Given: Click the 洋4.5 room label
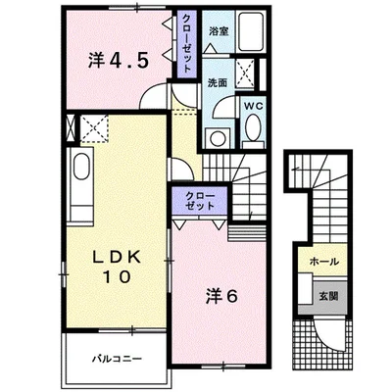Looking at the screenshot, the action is [x=119, y=60].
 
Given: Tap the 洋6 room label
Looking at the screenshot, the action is [x=221, y=296].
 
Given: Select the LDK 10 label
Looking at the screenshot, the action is [x=118, y=267].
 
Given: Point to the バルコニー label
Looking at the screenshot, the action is [x=117, y=359].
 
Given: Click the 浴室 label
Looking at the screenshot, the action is [x=219, y=32].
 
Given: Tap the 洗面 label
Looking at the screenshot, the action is [x=218, y=83].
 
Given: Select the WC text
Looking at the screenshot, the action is [x=254, y=106].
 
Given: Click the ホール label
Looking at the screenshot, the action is [x=323, y=262].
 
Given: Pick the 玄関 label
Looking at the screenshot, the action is [x=328, y=296].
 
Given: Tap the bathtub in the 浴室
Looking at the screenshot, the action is [x=252, y=31].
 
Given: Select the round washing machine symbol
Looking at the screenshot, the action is [x=217, y=138].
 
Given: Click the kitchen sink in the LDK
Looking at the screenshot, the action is [x=81, y=167].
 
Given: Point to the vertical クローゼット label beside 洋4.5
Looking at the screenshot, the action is [x=187, y=44].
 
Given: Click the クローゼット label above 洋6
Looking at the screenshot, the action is [x=200, y=201].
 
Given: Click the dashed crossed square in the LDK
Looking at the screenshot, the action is [x=94, y=128].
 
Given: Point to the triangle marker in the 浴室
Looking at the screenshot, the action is [x=210, y=49].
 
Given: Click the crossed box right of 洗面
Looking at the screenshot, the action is [x=245, y=73].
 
